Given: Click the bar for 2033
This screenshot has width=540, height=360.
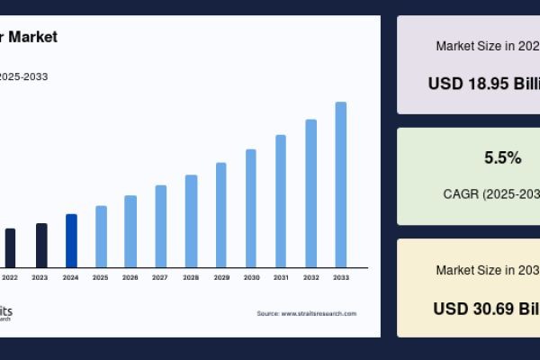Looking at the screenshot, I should pyautogui.click(x=341, y=184).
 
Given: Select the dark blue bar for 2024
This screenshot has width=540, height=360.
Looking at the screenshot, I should pyautogui.click(x=71, y=240).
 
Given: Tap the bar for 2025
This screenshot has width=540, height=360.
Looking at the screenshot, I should pyautogui.click(x=101, y=236).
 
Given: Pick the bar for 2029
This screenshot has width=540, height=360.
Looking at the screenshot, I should pyautogui.click(x=220, y=215).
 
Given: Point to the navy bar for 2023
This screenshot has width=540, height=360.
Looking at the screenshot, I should pyautogui.click(x=40, y=245).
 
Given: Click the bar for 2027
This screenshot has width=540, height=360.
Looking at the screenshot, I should pyautogui.click(x=160, y=226).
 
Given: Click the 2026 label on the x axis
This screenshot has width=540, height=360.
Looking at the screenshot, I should pyautogui.click(x=130, y=277).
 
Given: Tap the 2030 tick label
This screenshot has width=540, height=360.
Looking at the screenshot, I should pyautogui.click(x=251, y=277).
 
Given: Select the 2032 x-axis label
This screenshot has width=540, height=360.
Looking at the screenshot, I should pyautogui.click(x=311, y=277).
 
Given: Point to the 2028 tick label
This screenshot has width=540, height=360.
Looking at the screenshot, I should pyautogui.click(x=191, y=277).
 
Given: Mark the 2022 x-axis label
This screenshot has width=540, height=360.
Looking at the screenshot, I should pyautogui.click(x=10, y=277).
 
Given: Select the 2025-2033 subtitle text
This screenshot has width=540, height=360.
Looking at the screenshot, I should pyautogui.click(x=23, y=76).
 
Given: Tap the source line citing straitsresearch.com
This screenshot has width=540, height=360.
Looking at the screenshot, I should pyautogui.click(x=306, y=313).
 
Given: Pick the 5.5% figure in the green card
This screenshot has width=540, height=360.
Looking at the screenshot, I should pyautogui.click(x=502, y=157).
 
